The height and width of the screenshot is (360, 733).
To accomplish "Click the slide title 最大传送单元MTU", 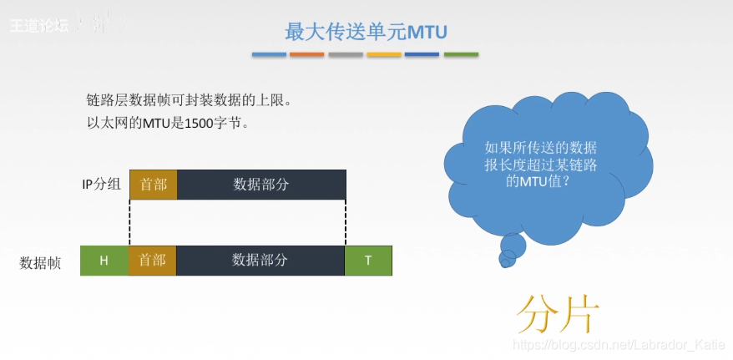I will (366, 32).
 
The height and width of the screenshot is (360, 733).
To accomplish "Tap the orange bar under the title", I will (307, 55).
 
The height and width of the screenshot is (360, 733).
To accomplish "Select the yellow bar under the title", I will (384, 55).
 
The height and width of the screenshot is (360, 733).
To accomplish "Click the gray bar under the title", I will (346, 55).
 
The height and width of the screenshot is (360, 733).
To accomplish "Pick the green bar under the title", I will (461, 55).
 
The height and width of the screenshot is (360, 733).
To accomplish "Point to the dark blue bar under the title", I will (422, 55).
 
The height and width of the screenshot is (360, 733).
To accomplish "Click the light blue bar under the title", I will (269, 55).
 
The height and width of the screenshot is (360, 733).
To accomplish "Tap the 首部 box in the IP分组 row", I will (154, 185).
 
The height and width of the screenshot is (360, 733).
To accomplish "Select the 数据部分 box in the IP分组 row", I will (261, 185).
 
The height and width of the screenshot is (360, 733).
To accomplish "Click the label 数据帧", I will (40, 261).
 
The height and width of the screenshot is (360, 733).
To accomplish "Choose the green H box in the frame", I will (104, 261).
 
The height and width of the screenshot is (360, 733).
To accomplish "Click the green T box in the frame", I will (368, 261).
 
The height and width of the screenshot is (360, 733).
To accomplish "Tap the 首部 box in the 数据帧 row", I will (153, 261).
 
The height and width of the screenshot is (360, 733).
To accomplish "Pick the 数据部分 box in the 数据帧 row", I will (260, 261).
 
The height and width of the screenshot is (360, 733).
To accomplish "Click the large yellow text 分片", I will (558, 314).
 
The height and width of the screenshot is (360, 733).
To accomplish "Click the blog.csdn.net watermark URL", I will (618, 345).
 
